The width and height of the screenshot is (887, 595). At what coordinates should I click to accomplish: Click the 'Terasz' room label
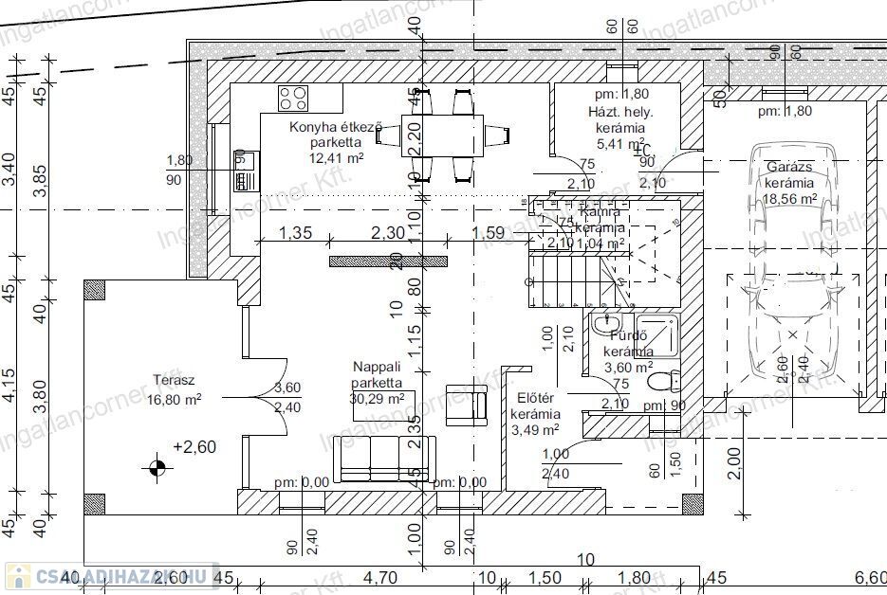174,381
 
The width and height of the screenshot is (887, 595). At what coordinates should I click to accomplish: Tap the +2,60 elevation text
194,445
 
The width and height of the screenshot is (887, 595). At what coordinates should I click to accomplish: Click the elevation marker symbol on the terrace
157,466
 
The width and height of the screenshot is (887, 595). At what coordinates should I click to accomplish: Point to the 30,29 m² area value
378,399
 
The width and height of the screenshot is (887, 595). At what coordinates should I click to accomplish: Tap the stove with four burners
292,97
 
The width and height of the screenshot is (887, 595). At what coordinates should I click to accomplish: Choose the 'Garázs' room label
789,167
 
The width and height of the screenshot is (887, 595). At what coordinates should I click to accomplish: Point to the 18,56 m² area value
789,198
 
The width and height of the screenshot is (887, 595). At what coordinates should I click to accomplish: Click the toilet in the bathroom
663,382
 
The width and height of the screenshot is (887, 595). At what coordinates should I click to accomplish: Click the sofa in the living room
384,460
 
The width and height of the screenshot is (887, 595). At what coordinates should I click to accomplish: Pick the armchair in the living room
468,401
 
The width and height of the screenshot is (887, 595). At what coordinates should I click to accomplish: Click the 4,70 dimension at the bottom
379,577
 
